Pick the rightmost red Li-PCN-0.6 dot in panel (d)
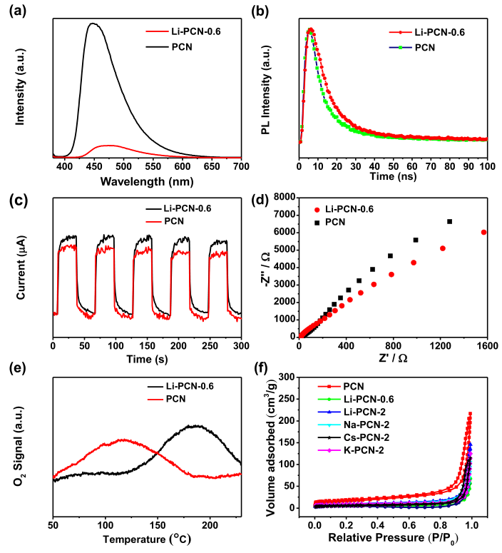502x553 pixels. [x=483, y=232]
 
